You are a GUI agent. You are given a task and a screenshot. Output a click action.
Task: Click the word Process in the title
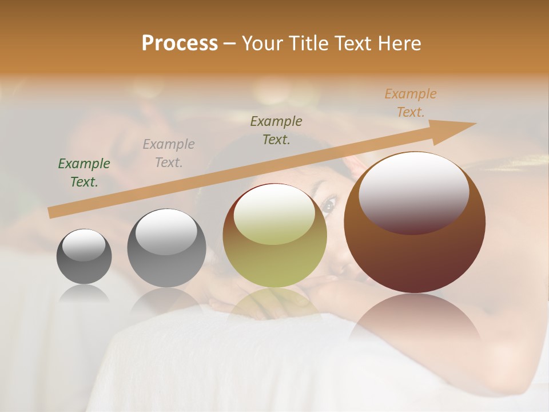point(180,43)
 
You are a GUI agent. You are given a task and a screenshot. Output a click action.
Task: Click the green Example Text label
point(84,173)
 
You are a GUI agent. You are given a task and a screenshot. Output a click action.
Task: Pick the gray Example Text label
point(169,153)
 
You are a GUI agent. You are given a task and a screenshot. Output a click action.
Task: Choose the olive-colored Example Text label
point(276,130)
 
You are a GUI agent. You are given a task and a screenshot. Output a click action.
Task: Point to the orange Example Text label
point(411,103)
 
